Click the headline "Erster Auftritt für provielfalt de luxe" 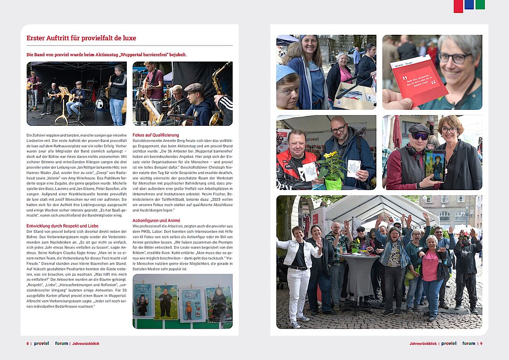coord(81,38)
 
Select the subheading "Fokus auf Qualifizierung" coord(155,135)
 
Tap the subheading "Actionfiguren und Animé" coord(156,220)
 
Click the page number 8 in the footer coord(28,343)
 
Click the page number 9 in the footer coord(481,343)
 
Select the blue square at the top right coord(469,4)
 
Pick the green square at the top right coord(480,4)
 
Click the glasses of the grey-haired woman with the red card coord(454,58)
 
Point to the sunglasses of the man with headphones coord(419,136)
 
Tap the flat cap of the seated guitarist coord(193,87)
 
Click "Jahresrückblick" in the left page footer coord(86,343)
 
